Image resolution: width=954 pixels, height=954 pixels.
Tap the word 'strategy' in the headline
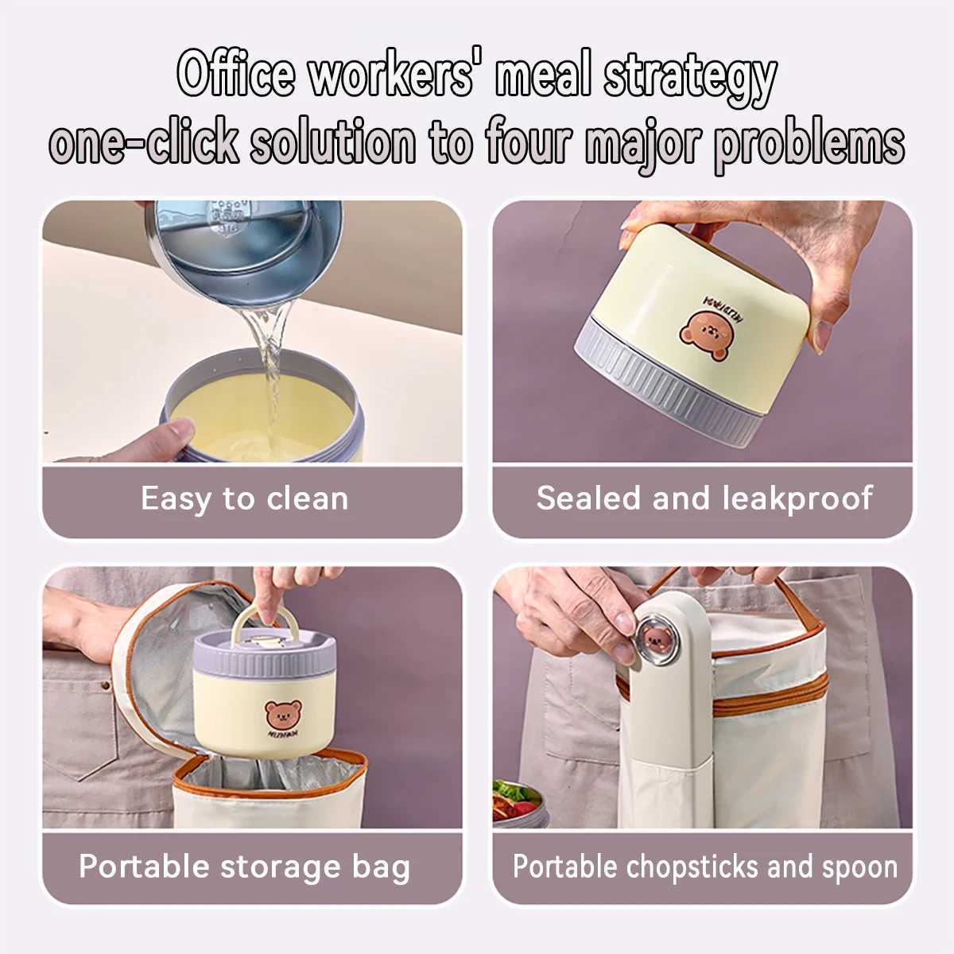[x=690, y=79]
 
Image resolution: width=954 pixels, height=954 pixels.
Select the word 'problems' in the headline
[x=809, y=145]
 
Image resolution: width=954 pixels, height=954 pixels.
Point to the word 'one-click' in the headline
[x=144, y=140]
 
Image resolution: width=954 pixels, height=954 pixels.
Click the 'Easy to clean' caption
[x=245, y=499]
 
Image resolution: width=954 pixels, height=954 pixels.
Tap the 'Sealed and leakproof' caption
[x=704, y=498]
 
